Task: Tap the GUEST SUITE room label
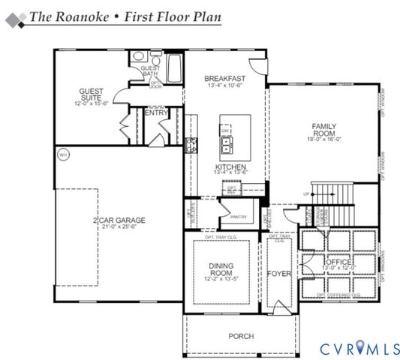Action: [91, 95]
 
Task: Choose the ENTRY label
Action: [155, 112]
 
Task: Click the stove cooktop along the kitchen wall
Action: [192, 145]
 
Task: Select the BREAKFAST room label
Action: [225, 78]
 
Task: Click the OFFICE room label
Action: [336, 262]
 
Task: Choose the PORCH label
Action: [241, 336]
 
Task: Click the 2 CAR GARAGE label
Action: [119, 220]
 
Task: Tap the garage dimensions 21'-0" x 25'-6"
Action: [119, 227]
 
